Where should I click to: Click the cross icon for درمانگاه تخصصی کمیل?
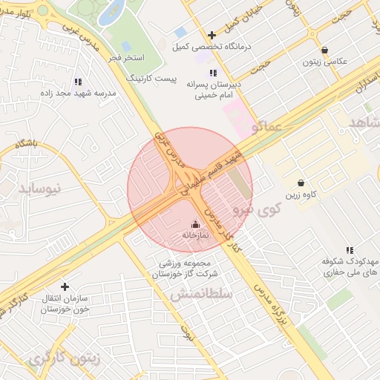coord(212,35)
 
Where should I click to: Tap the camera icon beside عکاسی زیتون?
coord(312,49)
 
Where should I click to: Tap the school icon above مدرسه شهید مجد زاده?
coord(79,82)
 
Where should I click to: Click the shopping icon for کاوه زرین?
coord(301,183)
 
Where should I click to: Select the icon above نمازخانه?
coord(195,224)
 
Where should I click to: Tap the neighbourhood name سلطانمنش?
coord(201,294)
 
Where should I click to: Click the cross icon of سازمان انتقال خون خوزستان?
coord(65,286)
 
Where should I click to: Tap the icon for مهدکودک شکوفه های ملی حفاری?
coord(349,251)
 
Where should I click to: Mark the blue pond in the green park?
coord(114,10)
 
